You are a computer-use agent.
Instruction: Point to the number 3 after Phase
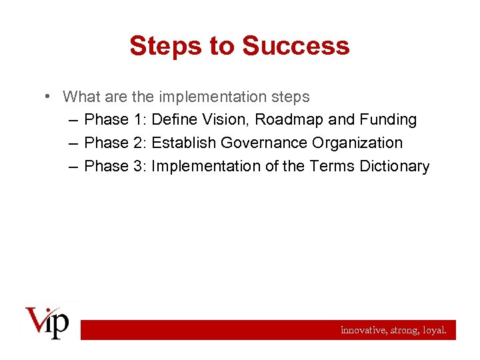pos(139,166)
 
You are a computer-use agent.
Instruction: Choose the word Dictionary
pos(395,166)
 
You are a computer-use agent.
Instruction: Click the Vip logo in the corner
pos(47,323)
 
